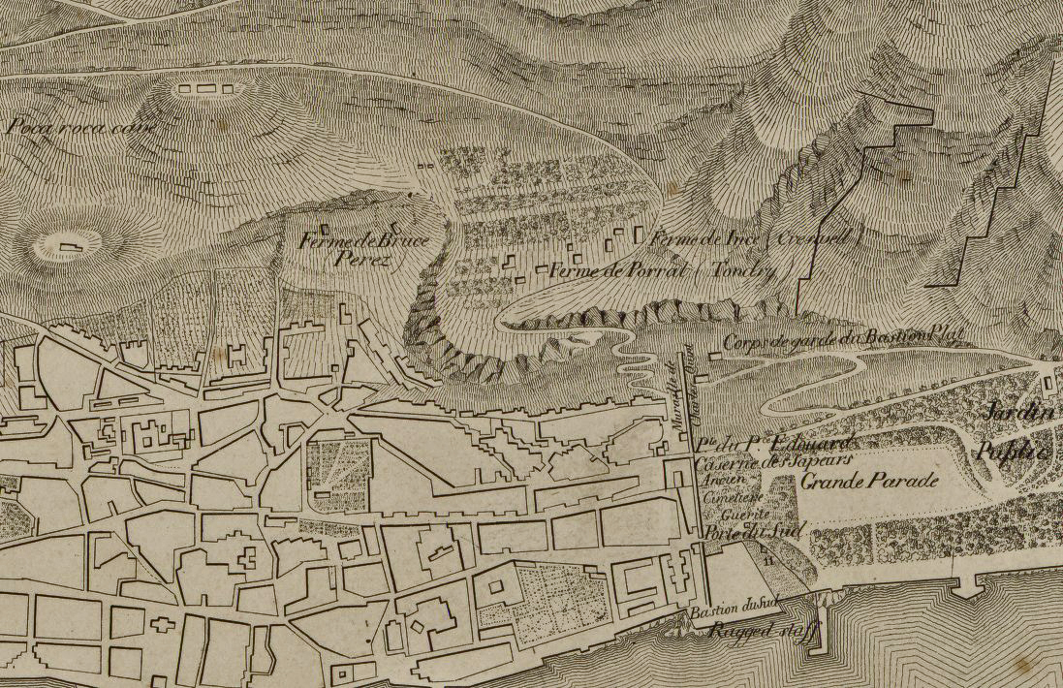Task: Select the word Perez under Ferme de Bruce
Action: (354, 259)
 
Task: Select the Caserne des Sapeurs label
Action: (760, 463)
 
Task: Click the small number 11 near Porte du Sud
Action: (768, 560)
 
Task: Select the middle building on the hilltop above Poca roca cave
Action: (203, 89)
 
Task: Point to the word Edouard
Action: (789, 445)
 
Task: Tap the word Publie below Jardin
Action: (1014, 451)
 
